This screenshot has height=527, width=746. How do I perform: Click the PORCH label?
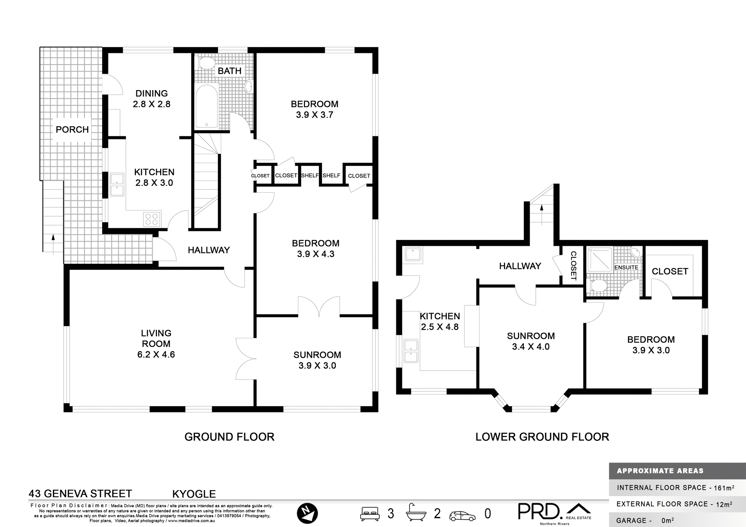pos(72,130)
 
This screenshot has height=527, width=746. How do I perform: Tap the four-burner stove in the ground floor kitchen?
pos(152,219)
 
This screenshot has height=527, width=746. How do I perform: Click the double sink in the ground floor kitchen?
pos(117,184)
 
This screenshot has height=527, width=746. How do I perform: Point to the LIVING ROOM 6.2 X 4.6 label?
pos(156,344)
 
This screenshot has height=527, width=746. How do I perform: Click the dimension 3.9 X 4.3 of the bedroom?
pos(315,254)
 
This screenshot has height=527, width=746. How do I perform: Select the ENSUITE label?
pos(626,268)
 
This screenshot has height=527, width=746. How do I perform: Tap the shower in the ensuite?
pos(600,259)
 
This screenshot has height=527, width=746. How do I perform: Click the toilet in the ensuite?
pos(598,286)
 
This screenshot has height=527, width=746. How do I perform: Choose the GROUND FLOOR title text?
pos(229,437)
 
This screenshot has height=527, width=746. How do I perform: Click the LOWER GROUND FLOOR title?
pos(542,437)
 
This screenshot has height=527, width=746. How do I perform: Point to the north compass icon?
pos(307,513)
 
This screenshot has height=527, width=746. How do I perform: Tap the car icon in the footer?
pos(462,516)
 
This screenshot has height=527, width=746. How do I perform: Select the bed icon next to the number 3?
pos(370,513)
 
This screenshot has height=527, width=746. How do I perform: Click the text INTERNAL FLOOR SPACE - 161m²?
pos(675,488)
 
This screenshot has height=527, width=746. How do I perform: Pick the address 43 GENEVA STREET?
pos(80,494)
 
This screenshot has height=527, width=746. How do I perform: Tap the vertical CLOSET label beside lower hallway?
pos(573,266)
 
